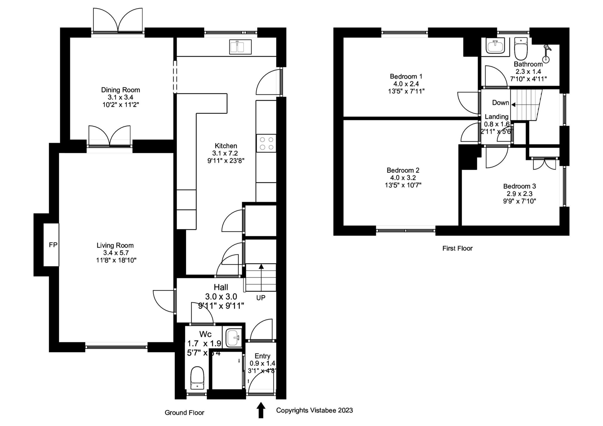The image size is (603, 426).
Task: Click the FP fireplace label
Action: (x=53, y=245)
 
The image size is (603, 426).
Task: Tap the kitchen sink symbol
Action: (x=240, y=47)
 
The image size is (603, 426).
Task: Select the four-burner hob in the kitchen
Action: (x=266, y=143)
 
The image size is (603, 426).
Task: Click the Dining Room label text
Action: (x=121, y=90)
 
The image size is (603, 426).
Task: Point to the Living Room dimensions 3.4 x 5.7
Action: (x=115, y=253)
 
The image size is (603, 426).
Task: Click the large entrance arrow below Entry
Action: (x=261, y=410)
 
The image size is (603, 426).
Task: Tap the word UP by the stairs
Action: (x=261, y=298)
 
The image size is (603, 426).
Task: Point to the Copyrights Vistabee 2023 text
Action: (x=314, y=410)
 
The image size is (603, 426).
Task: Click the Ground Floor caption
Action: (x=184, y=413)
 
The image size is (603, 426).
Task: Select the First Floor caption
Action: (x=457, y=248)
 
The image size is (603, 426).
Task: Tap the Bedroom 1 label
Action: (x=406, y=76)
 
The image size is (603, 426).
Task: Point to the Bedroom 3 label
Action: (x=520, y=186)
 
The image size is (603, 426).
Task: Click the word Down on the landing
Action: (x=500, y=103)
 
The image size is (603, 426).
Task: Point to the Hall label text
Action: (x=221, y=287)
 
